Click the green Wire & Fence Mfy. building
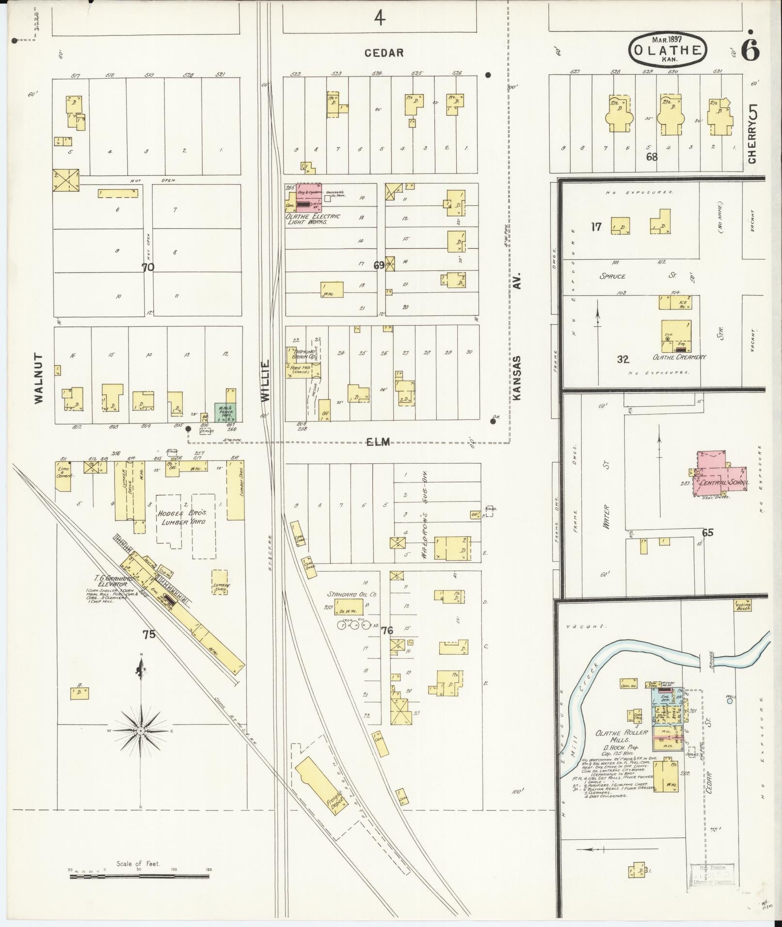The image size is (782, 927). click(x=225, y=411)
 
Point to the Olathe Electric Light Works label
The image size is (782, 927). click(x=313, y=219)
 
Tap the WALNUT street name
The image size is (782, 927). click(x=39, y=378)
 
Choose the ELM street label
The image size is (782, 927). click(x=378, y=441)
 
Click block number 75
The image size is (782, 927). click(x=149, y=634)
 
